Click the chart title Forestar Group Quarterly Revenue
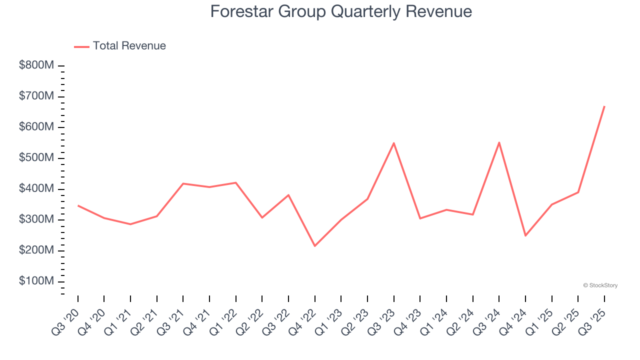[x=341, y=11]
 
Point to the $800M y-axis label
[x=37, y=65]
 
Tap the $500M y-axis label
[x=37, y=158]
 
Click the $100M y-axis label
[x=37, y=281]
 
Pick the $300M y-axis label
[x=37, y=219]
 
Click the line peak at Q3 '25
[x=604, y=106]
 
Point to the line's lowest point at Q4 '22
[x=315, y=246]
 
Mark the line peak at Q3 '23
[x=394, y=143]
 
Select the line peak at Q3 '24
[x=499, y=142]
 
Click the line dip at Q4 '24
[x=525, y=235]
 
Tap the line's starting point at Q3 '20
[x=78, y=205]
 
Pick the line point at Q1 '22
[x=236, y=182]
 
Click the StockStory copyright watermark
[x=600, y=285]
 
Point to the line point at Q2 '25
[x=578, y=192]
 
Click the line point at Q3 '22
[x=288, y=195]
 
